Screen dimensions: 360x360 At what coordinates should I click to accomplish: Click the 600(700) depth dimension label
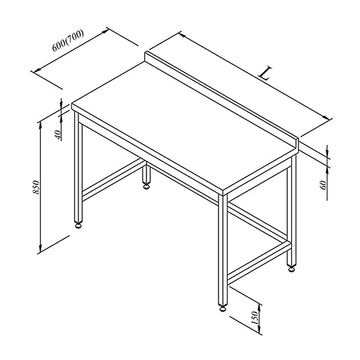coord(68,41)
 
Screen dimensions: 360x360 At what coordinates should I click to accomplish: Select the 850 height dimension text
coord(36,187)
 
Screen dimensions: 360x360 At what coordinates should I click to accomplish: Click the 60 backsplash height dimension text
coord(323,185)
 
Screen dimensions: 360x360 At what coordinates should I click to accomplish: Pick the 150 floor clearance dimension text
coord(255,318)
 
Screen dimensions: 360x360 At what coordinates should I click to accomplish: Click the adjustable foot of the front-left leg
coord(78,225)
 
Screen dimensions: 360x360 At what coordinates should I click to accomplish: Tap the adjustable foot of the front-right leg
coord(223,308)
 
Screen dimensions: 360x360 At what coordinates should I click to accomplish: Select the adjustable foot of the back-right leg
coord(292,268)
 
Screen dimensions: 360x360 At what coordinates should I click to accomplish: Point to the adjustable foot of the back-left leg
coord(146,185)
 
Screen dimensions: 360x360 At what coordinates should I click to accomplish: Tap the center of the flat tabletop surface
coord(184,129)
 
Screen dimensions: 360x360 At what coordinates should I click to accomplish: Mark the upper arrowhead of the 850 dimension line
coord(40,125)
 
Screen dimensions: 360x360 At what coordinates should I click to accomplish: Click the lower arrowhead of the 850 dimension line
coord(40,248)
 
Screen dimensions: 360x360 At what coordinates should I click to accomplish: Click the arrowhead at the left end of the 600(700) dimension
coord(37,70)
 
